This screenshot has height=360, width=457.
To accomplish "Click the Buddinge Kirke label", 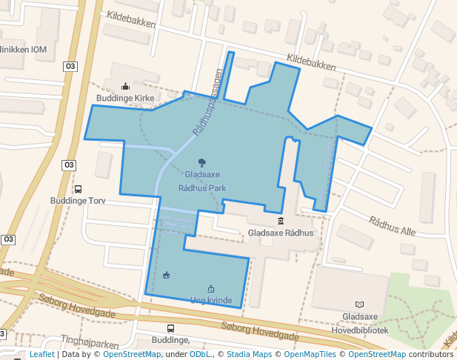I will (124, 98).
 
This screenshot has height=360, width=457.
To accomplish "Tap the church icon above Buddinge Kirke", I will (124, 87).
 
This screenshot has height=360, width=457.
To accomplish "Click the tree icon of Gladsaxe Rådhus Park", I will (202, 161).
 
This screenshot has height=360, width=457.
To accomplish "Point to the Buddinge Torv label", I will (78, 201).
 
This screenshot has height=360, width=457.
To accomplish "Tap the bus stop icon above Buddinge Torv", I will (78, 190).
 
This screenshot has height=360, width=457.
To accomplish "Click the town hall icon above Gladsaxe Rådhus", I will (281, 221).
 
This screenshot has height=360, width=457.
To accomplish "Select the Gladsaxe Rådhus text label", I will (281, 233).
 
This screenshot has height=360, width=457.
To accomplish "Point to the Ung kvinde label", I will (211, 301).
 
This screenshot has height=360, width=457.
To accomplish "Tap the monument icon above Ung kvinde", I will (211, 289).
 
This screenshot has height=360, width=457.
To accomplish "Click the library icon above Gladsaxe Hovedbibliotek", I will (360, 304).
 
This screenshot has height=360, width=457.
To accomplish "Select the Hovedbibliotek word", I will (360, 330).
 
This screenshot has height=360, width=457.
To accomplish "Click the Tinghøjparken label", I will (90, 343).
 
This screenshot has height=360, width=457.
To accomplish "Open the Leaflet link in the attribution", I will (41, 355).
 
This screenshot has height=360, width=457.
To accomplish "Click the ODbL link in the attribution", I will (200, 355).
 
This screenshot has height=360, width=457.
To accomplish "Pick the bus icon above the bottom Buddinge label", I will (170, 329).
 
